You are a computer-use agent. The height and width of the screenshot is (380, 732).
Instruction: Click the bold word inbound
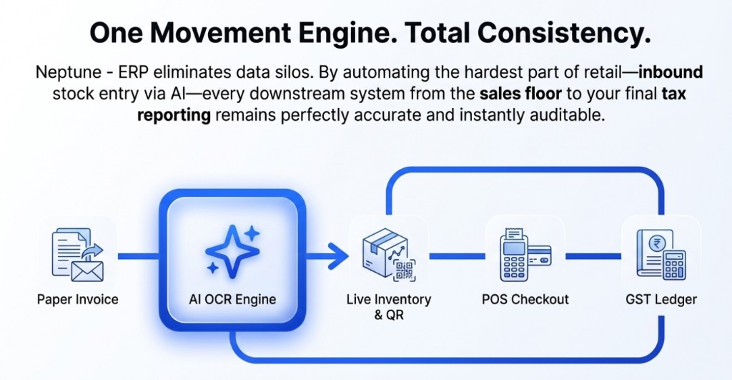pyautogui.click(x=671, y=73)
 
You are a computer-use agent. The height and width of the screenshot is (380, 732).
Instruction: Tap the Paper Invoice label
pyautogui.click(x=77, y=299)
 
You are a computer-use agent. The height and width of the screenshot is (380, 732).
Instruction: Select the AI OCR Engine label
pyautogui.click(x=232, y=299)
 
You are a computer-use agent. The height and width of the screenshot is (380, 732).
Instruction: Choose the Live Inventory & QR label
pyautogui.click(x=388, y=306)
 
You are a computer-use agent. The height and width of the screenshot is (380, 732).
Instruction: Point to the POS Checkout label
pyautogui.click(x=525, y=299)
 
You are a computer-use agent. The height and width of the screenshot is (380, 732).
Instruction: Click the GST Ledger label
pyautogui.click(x=661, y=299)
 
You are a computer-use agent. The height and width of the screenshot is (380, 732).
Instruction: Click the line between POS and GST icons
pyautogui.click(x=593, y=255)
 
